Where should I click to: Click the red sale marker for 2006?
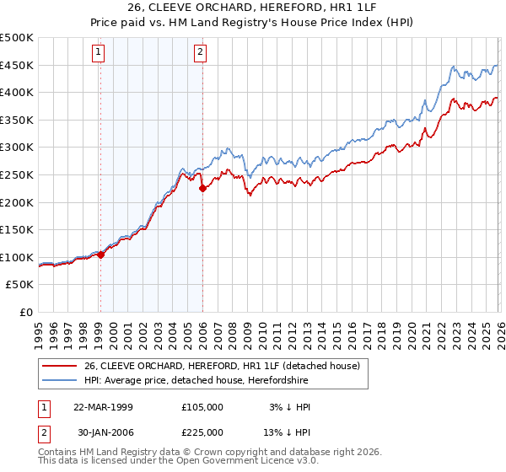tap(202, 189)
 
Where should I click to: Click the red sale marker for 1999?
tap(100, 254)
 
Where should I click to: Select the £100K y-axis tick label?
tap(17, 258)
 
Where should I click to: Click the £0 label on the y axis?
tap(27, 313)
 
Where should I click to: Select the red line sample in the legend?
tap(61, 366)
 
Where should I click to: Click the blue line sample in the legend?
tap(61, 380)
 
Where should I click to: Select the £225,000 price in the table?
tap(202, 435)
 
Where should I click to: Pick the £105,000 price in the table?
tap(202, 406)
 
